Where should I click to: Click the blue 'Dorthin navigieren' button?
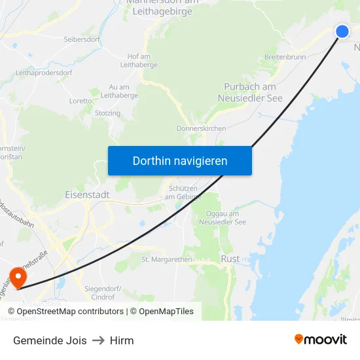[180, 161]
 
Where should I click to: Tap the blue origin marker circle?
[342, 31]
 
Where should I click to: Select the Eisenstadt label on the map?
[87, 195]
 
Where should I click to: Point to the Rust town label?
[230, 259]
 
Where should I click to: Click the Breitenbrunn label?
[285, 57]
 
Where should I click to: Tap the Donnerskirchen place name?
[201, 128]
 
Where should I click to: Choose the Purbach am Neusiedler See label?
[250, 92]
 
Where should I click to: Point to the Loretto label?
[81, 101]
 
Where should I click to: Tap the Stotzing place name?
[108, 113]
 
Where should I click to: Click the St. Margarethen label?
[167, 259]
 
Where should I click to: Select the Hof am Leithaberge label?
[134, 61]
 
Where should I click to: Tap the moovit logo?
[321, 340]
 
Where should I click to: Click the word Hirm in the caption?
[122, 340]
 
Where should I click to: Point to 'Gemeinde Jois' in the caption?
[50, 340]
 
